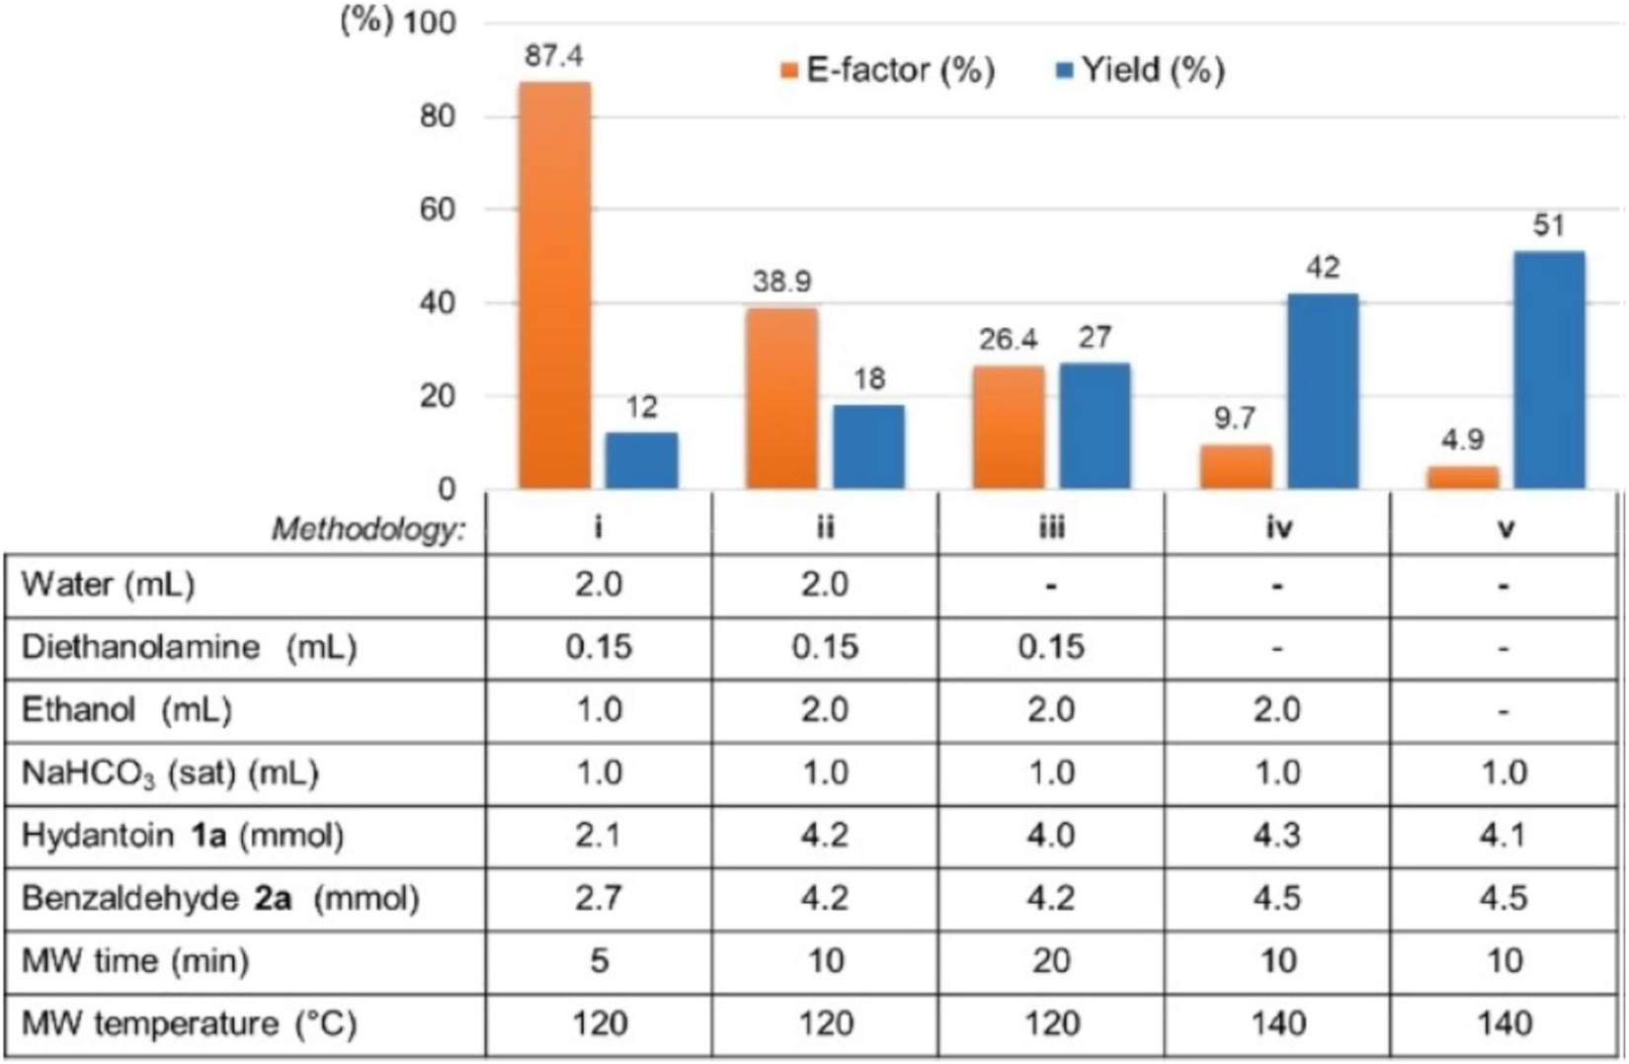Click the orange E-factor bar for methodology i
click(x=554, y=286)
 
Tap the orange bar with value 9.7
click(x=1235, y=467)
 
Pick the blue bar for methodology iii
click(x=1095, y=426)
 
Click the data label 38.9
click(x=781, y=283)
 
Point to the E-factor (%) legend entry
click(x=887, y=71)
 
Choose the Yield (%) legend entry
click(x=1141, y=71)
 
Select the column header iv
click(x=1278, y=529)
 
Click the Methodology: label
click(x=367, y=531)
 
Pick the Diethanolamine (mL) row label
click(x=189, y=648)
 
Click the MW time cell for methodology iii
click(x=1051, y=960)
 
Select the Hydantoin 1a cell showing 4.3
click(x=1278, y=836)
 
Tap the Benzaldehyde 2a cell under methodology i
click(x=599, y=898)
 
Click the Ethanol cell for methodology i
click(x=599, y=710)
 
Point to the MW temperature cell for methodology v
click(x=1504, y=1023)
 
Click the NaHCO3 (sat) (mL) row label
click(x=170, y=774)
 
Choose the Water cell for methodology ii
click(x=825, y=585)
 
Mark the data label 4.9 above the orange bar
click(x=1462, y=440)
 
